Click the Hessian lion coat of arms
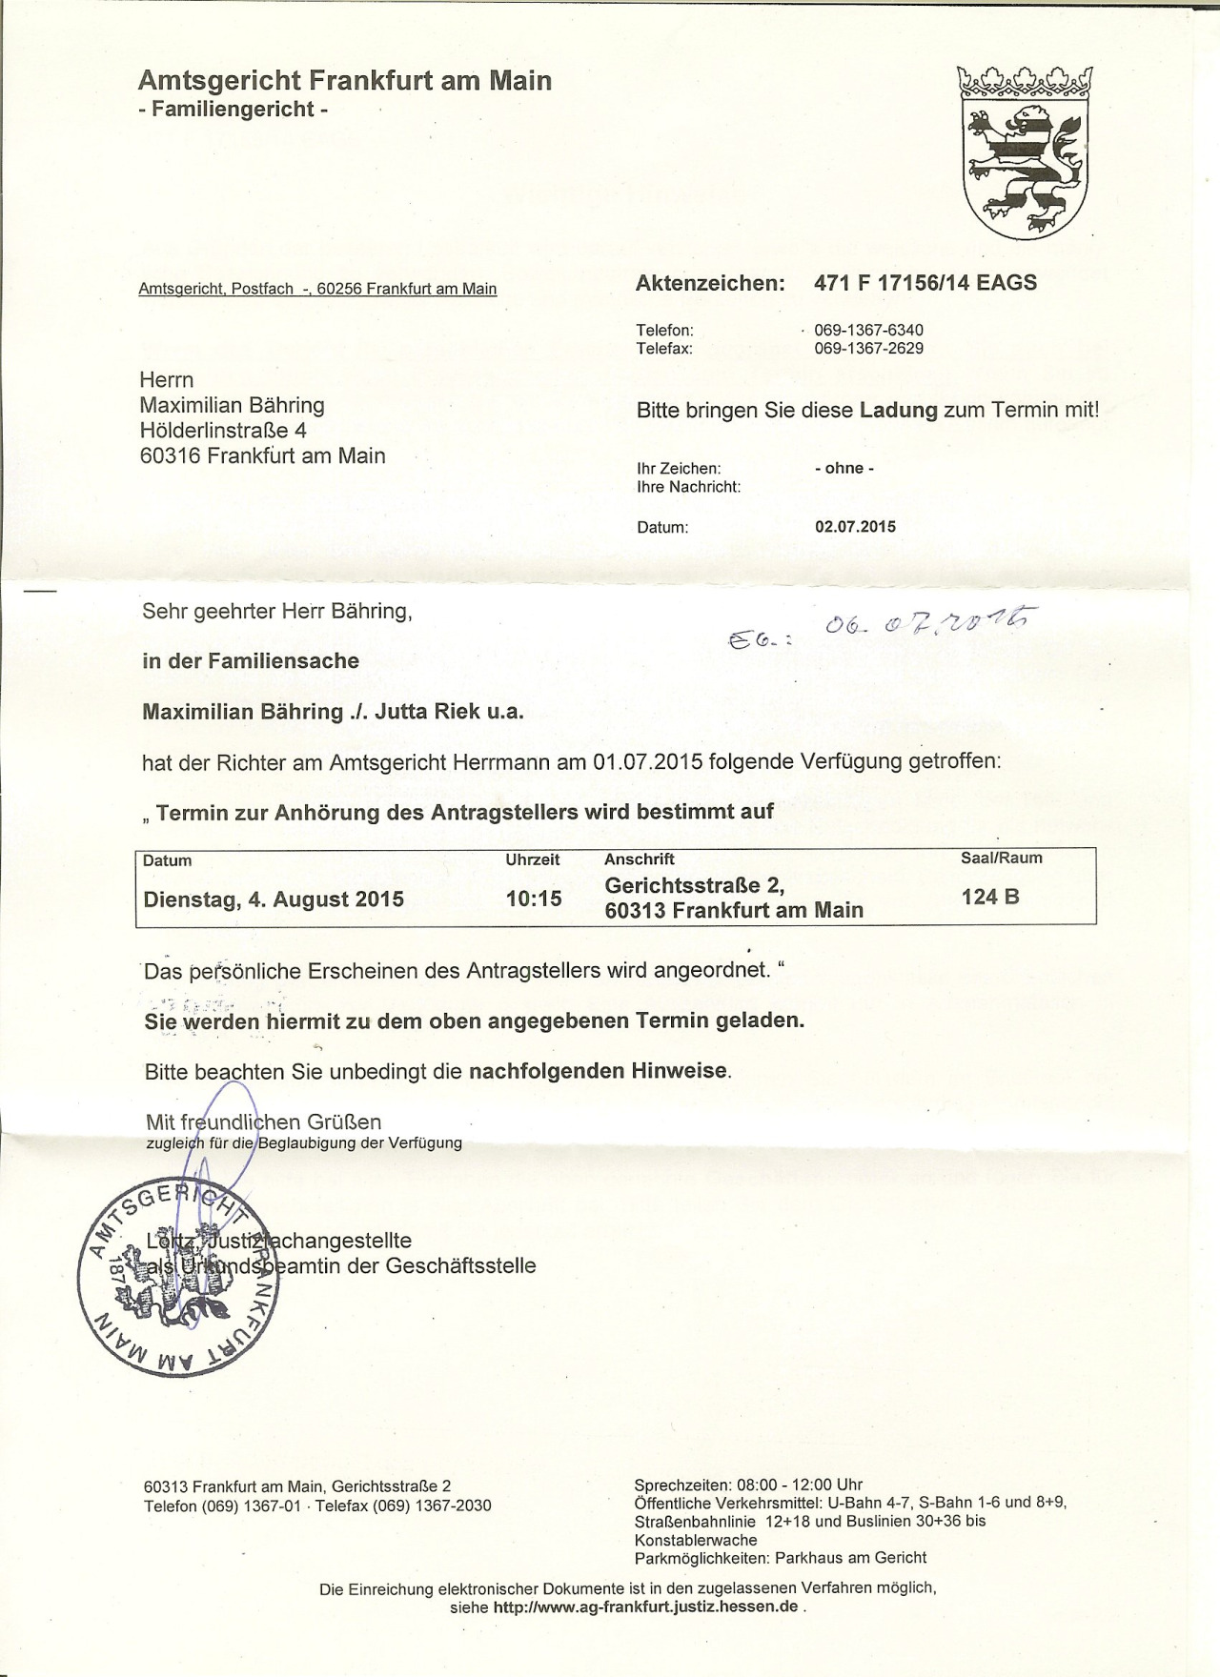tap(1026, 152)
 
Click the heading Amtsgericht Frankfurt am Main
tap(345, 80)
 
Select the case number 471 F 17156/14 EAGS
tap(925, 283)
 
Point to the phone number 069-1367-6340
tap(868, 330)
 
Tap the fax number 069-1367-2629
tap(868, 349)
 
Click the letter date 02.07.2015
tap(855, 527)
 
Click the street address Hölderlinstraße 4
tap(223, 431)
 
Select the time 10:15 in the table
tap(534, 899)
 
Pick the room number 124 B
tap(990, 897)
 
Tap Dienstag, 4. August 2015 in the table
tap(274, 899)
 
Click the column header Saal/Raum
tap(1001, 858)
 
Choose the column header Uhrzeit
tap(533, 859)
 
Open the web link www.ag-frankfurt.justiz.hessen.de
tap(645, 1606)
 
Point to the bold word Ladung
tap(899, 411)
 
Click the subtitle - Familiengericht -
tap(234, 110)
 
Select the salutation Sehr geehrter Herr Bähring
tap(277, 612)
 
